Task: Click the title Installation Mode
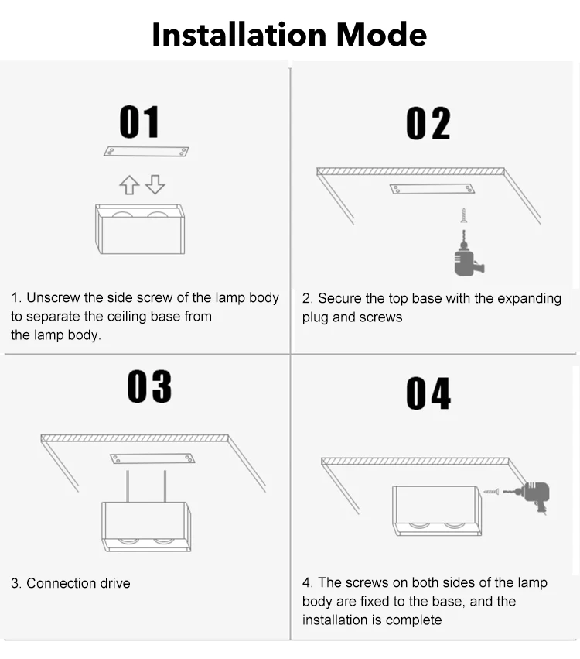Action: [x=289, y=35]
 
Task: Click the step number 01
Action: [x=139, y=122]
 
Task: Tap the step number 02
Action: [x=428, y=124]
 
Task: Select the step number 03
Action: [x=149, y=386]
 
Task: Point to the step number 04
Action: [x=428, y=394]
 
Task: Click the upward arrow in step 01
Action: [x=129, y=185]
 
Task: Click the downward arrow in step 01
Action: [x=155, y=184]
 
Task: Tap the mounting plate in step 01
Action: [x=146, y=151]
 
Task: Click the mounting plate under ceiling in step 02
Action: [x=432, y=189]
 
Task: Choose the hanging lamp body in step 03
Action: [x=146, y=526]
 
